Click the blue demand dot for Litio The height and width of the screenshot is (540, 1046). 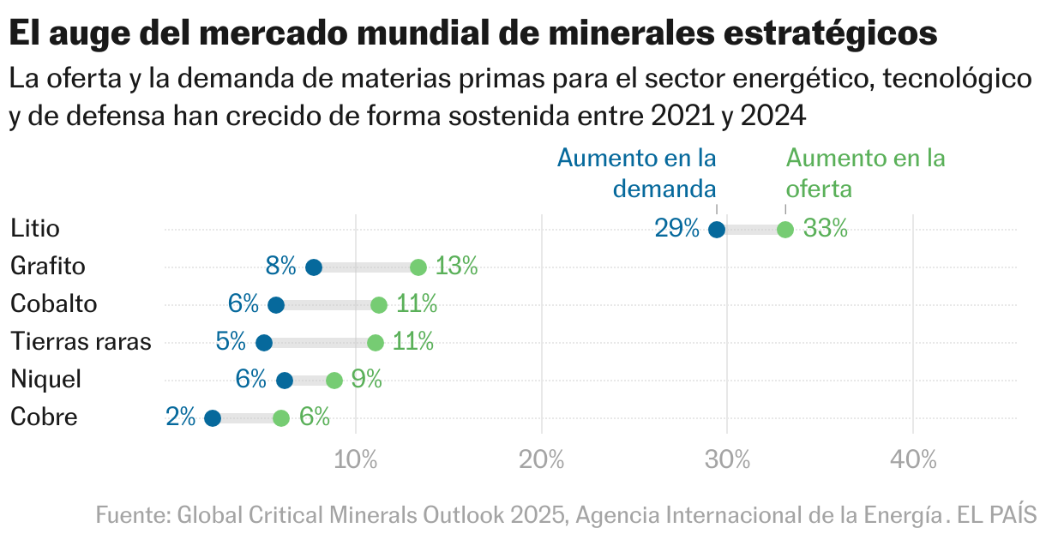point(717,230)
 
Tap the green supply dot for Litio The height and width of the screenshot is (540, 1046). point(784,230)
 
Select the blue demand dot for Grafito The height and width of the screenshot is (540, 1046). point(314,267)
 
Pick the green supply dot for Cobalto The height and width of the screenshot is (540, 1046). point(378,305)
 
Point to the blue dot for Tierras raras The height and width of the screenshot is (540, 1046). point(264,343)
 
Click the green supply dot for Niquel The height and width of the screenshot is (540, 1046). point(334,381)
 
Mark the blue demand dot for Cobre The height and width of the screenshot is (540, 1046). point(213,418)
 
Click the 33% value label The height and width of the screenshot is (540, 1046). point(825,229)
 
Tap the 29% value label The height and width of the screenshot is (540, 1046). point(677,229)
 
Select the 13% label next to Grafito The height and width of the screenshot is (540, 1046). point(456,267)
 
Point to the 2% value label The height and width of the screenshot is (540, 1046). point(181,417)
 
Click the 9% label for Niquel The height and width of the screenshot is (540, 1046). point(366,380)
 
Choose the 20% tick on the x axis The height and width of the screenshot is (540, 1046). point(542,460)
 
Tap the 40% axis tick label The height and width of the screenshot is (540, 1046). point(913,460)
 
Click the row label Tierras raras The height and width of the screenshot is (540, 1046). point(81,342)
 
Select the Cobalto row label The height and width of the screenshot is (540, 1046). point(53,304)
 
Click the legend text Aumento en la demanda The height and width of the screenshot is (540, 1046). point(637,172)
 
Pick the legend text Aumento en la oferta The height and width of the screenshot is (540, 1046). point(865,172)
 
